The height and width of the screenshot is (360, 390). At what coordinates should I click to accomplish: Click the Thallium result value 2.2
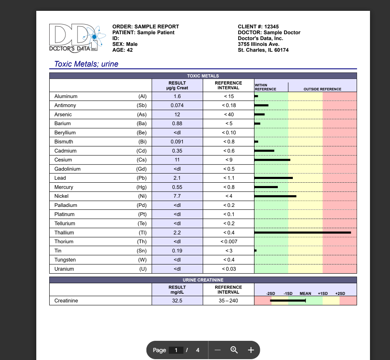tap(177, 233)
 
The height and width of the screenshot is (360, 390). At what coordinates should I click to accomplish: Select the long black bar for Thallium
tap(302, 232)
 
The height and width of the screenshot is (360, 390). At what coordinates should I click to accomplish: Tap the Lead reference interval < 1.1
tap(229, 178)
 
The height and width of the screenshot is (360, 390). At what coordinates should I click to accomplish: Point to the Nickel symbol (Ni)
tap(142, 196)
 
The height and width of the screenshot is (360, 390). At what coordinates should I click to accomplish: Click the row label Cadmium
tap(65, 151)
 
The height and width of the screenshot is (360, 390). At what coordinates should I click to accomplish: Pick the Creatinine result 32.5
tap(177, 301)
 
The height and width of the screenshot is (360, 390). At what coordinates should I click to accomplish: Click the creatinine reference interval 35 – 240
tap(229, 301)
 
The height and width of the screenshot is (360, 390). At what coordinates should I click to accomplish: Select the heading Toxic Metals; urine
tap(86, 64)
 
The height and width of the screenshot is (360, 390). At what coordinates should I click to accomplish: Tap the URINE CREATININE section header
tap(203, 279)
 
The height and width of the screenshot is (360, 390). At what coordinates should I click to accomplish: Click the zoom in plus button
tap(251, 350)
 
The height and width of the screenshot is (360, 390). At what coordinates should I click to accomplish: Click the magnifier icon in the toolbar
tap(234, 350)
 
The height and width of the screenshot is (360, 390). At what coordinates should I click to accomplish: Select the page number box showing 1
tap(176, 350)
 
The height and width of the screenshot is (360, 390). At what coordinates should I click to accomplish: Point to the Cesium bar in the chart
tap(272, 160)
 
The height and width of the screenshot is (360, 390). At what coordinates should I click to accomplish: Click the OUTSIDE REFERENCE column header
tap(322, 89)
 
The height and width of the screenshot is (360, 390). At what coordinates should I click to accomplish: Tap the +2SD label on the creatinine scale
tap(340, 294)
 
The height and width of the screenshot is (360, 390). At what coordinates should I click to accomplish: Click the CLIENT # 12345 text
tap(258, 27)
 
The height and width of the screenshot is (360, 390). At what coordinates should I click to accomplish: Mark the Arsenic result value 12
tap(177, 115)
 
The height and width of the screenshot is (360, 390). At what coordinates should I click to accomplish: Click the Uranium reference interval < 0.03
tap(229, 269)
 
